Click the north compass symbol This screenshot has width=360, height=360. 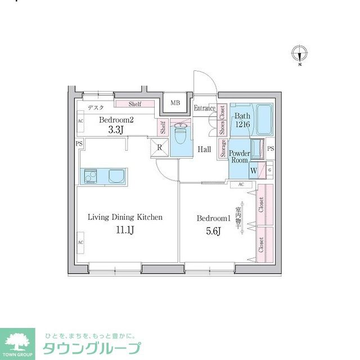pyautogui.click(x=300, y=55)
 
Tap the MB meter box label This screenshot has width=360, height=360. pyautogui.click(x=175, y=103)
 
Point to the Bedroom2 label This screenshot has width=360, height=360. pyautogui.click(x=117, y=120)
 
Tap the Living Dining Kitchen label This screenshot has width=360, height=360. pyautogui.click(x=125, y=217)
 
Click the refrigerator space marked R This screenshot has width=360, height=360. pyautogui.click(x=160, y=147)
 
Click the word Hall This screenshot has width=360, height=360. pyautogui.click(x=204, y=149)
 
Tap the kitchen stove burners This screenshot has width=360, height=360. pyautogui.click(x=90, y=177)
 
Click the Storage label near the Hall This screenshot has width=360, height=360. pyautogui.click(x=224, y=150)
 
